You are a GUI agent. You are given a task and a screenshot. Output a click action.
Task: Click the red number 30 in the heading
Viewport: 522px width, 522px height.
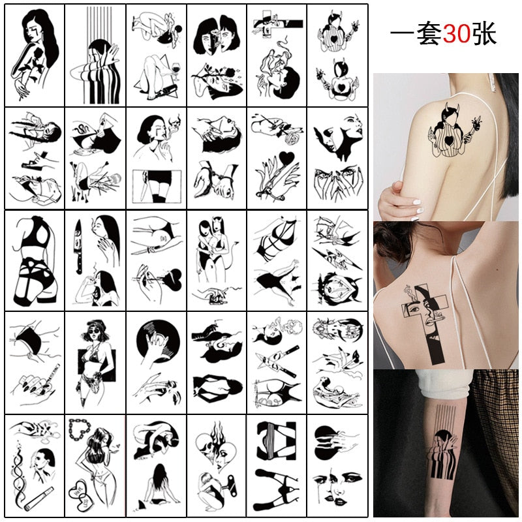pyautogui.click(x=456, y=34)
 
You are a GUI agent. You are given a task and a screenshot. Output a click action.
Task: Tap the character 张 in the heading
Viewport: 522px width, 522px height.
pyautogui.click(x=484, y=34)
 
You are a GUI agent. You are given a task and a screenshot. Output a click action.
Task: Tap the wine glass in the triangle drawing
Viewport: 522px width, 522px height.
pyautogui.click(x=175, y=69)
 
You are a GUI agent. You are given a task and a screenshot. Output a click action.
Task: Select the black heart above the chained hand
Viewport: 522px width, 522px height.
pyautogui.click(x=287, y=158)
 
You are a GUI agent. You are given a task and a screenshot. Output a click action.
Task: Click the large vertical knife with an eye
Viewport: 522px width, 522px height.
pyautogui.click(x=78, y=247)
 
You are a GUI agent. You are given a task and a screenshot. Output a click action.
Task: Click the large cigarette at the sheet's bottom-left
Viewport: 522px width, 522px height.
pyautogui.click(x=39, y=499)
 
